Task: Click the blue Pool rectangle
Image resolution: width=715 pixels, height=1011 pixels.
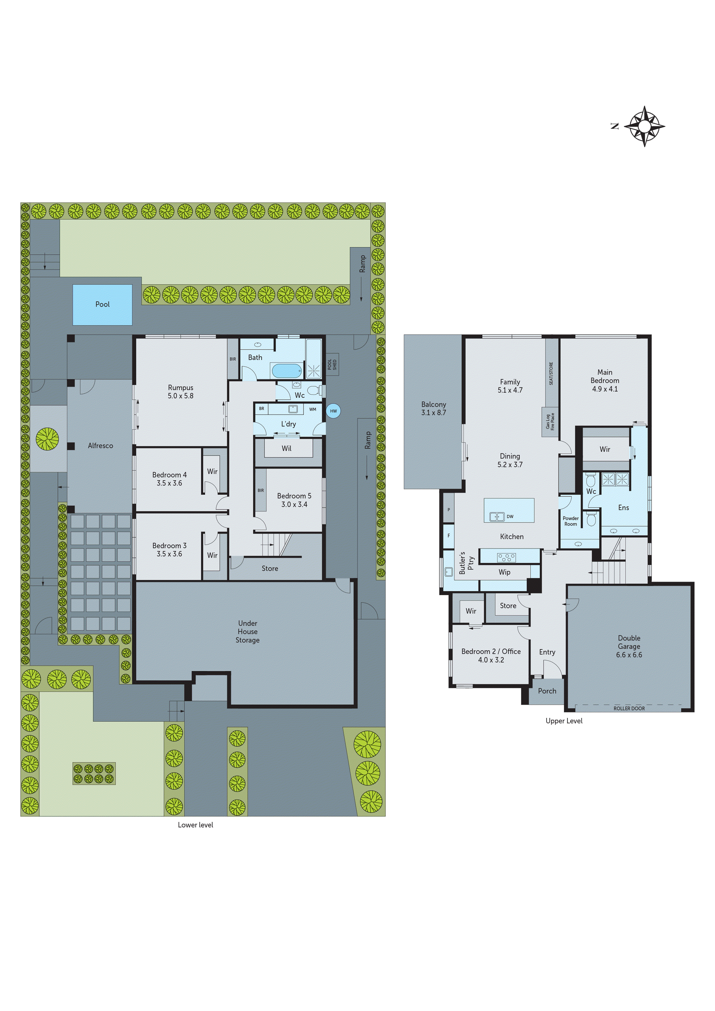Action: click(102, 305)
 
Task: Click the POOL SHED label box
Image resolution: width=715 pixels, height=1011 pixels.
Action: click(332, 364)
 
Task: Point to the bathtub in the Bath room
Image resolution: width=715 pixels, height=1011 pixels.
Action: click(286, 371)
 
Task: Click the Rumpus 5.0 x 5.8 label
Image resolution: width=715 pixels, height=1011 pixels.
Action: click(180, 391)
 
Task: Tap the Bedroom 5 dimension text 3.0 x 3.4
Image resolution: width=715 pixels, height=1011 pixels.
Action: click(294, 504)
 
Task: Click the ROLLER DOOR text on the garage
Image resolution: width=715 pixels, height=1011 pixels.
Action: click(629, 708)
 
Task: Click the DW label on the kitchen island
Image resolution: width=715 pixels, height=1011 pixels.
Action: click(510, 516)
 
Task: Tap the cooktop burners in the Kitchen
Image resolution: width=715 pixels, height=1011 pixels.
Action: click(506, 557)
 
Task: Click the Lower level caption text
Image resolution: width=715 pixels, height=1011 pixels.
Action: click(195, 825)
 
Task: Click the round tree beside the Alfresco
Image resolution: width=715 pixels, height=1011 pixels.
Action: click(47, 439)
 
